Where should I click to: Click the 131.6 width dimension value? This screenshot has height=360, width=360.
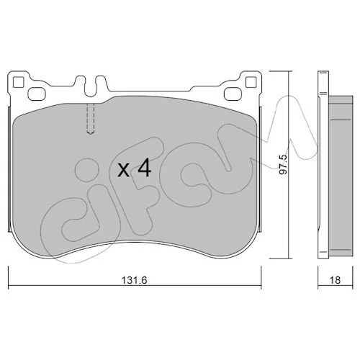[x=134, y=280]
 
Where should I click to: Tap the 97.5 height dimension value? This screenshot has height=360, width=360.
[x=283, y=165]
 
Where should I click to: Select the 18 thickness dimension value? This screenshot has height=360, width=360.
[x=336, y=280]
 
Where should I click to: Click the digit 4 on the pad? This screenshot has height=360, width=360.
[x=144, y=168]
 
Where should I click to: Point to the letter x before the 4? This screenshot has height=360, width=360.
[x=124, y=171]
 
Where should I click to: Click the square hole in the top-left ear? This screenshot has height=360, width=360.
[x=18, y=82]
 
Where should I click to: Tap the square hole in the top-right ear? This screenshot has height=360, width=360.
[x=251, y=82]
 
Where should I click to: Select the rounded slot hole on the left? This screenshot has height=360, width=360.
[x=37, y=94]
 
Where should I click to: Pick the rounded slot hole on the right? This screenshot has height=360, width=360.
[x=233, y=94]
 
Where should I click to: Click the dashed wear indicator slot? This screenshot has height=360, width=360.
[x=90, y=119]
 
